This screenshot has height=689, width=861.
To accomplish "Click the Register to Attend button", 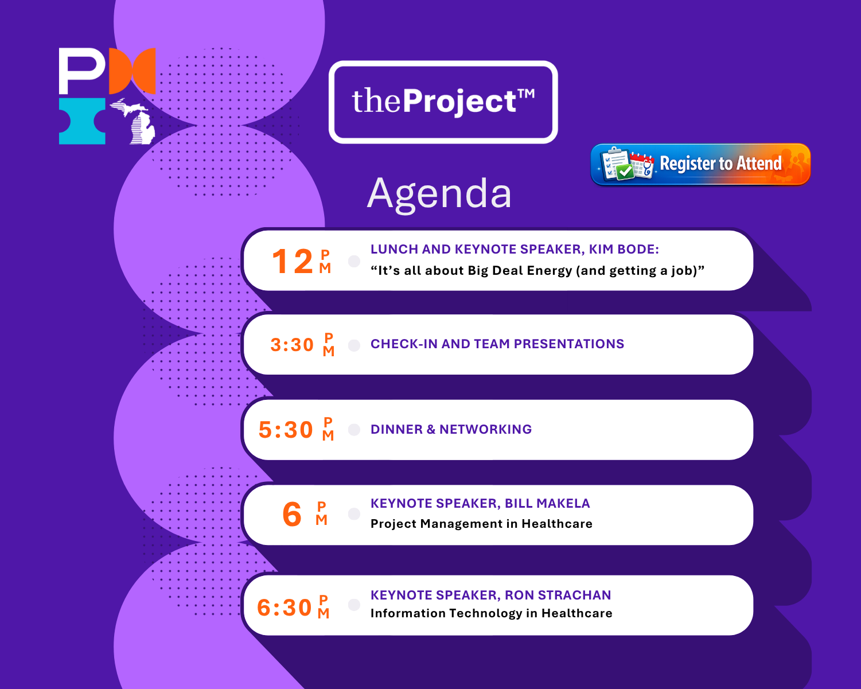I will coord(700,164).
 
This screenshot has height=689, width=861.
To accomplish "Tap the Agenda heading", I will coord(439,194).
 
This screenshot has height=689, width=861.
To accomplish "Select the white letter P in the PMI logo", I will coord(81,70).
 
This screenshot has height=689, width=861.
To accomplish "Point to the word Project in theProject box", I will coord(459,102).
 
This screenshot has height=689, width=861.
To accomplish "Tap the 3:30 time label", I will coord(292,345).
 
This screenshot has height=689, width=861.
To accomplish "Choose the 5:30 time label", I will coord(286,430).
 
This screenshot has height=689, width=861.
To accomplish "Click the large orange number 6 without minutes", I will coord(292,514).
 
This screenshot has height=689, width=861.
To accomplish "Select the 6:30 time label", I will coord(285,608).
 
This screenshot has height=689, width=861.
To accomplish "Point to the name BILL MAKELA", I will coord(547,504).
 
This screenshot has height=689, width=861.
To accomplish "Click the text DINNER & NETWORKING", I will coord(451,430).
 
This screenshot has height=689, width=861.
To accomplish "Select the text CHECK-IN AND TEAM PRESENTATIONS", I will coord(497,344).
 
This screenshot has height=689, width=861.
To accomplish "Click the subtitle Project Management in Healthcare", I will coord(481,524).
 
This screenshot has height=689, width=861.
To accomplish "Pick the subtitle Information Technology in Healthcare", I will coord(491,613).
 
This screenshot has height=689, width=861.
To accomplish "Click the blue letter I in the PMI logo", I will coord(82,121).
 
